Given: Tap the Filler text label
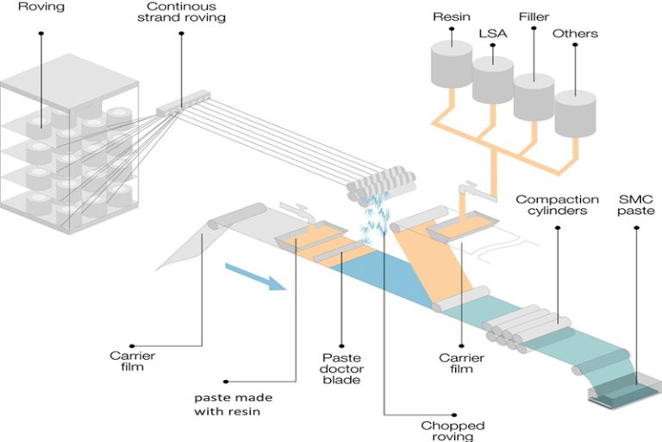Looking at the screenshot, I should coord(534,16).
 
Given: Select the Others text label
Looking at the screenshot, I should coord(577,34).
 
